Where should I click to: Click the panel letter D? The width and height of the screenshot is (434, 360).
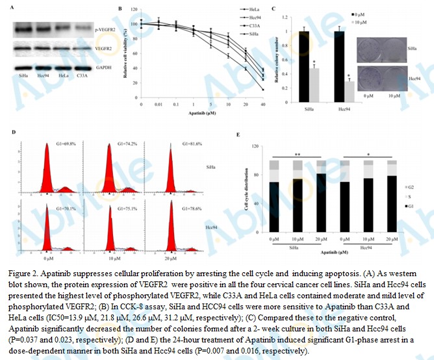click(14, 133)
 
